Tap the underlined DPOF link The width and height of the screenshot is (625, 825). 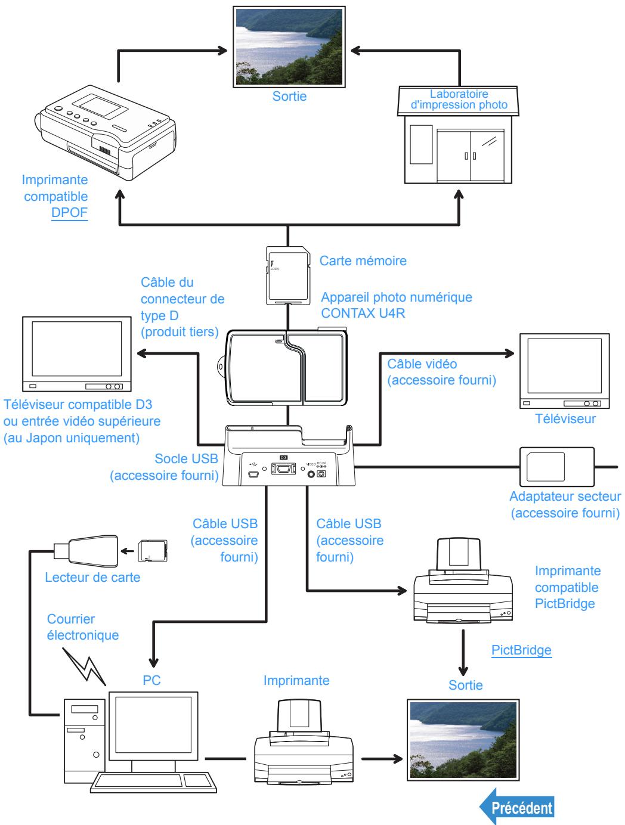[x=69, y=212]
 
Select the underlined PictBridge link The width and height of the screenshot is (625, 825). [x=521, y=650]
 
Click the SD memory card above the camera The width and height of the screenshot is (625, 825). [x=288, y=275]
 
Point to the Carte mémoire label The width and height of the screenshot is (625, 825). [x=363, y=260]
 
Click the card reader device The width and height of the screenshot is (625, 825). [x=86, y=551]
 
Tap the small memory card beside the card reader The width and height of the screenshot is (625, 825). [x=152, y=551]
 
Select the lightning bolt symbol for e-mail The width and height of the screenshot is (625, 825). [x=84, y=666]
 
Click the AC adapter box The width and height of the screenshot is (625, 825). [x=556, y=466]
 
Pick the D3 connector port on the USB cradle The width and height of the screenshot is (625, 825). [x=283, y=469]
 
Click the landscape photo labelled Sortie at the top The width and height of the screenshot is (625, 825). [x=289, y=47]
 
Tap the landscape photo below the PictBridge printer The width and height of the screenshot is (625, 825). [x=463, y=740]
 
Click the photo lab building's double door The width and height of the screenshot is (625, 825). [x=470, y=156]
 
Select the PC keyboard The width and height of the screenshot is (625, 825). [x=153, y=782]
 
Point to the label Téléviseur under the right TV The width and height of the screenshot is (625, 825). [x=565, y=418]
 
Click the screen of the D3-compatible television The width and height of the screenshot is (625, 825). [x=77, y=348]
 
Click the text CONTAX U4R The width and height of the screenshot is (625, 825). [x=363, y=313]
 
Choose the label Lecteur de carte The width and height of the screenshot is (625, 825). [x=92, y=577]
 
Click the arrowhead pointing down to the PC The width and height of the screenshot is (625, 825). [x=153, y=662]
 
